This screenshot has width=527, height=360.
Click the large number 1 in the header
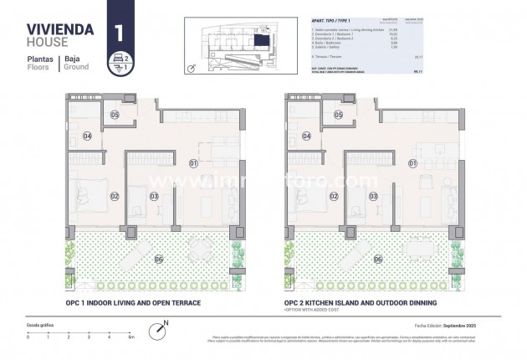point(119,33)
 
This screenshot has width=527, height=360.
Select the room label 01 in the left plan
point(193,162)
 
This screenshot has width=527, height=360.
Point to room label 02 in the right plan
point(333,197)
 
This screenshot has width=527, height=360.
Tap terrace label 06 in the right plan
point(377,259)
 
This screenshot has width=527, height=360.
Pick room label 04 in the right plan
point(307,136)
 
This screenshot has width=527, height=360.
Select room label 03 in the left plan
point(154,197)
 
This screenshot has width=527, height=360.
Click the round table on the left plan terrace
point(202,248)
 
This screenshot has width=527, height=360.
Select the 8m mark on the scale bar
point(130,337)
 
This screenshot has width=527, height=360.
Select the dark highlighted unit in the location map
point(263,41)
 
